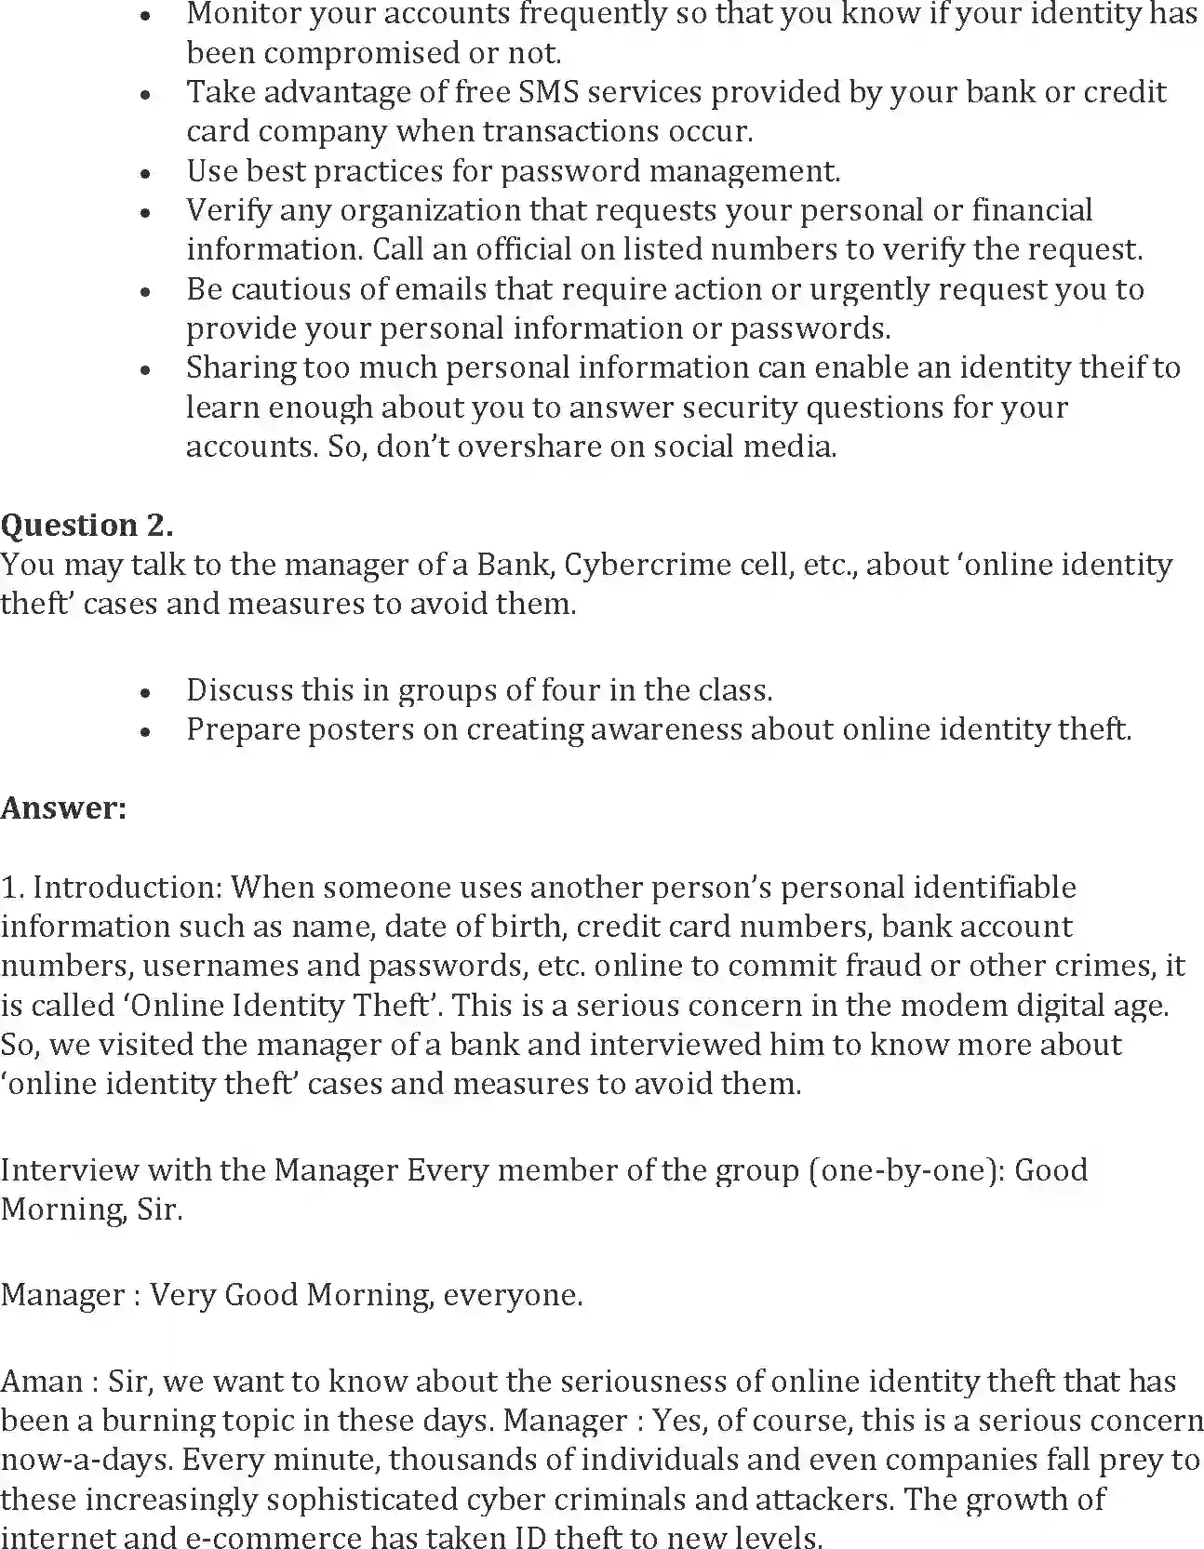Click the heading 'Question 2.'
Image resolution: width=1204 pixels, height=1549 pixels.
(x=87, y=526)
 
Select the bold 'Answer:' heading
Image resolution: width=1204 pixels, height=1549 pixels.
(x=63, y=808)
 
